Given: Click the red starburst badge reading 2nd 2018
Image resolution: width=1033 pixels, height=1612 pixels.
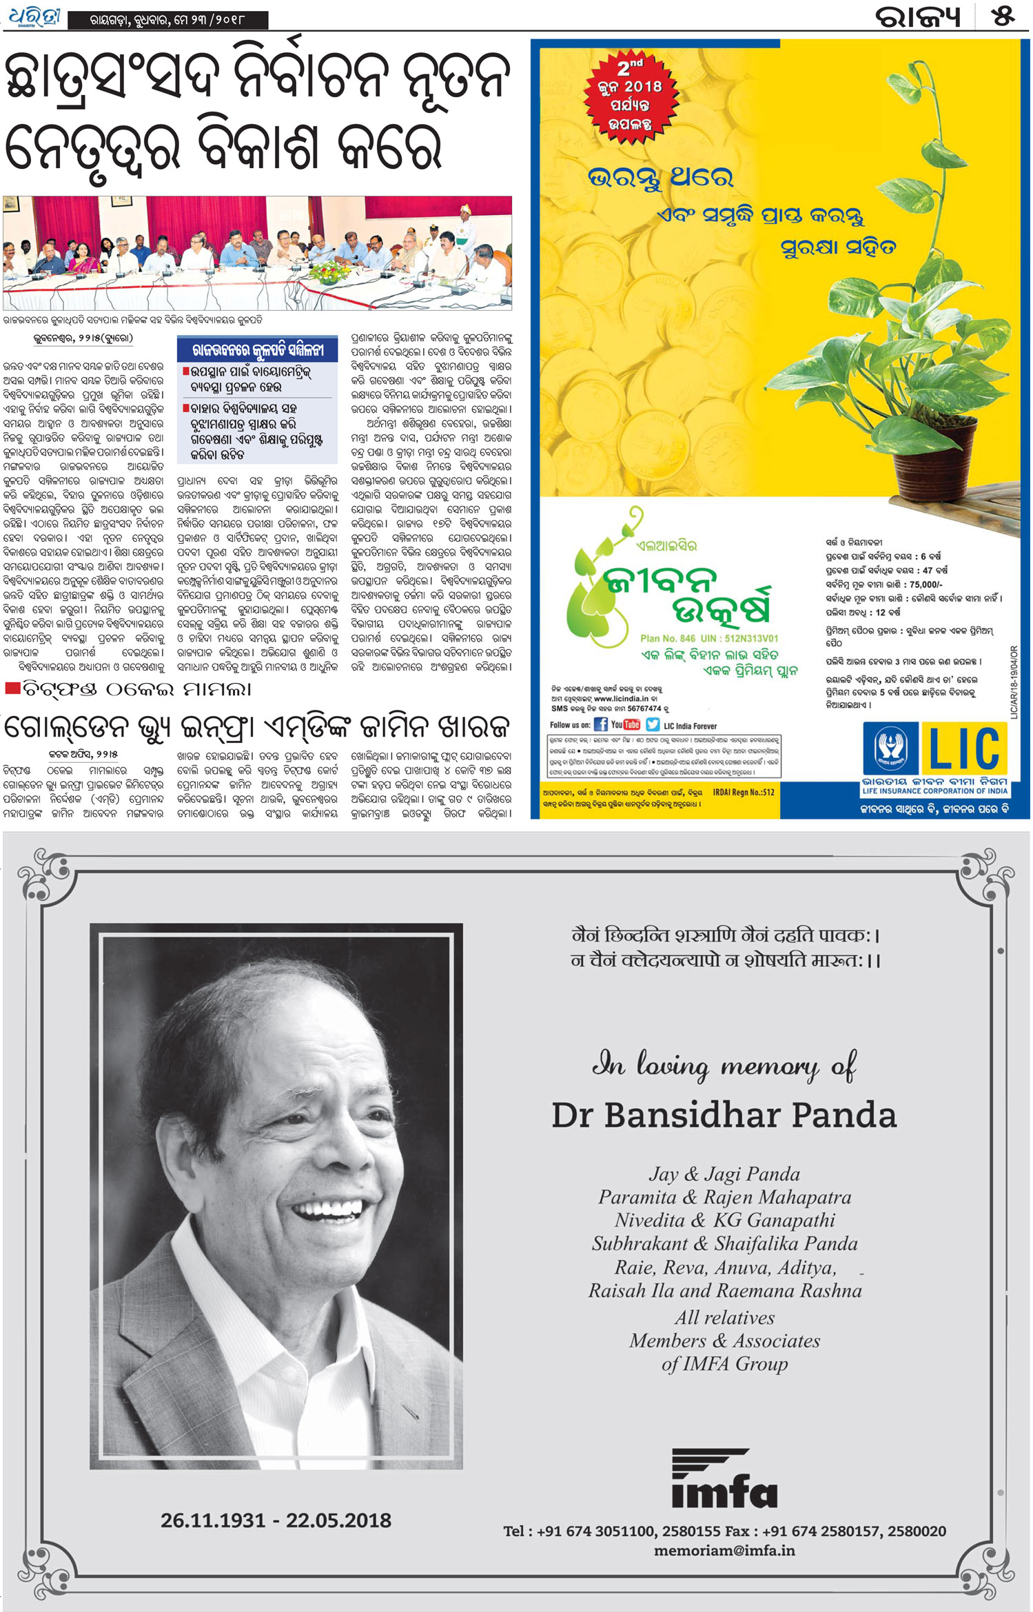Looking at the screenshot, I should pyautogui.click(x=630, y=96).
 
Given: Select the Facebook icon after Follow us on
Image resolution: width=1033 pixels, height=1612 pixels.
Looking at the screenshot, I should pyautogui.click(x=600, y=724).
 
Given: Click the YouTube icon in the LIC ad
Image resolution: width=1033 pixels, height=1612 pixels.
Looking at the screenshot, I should pyautogui.click(x=626, y=724).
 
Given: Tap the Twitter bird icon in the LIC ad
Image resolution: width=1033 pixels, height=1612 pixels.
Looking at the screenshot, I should pyautogui.click(x=652, y=724).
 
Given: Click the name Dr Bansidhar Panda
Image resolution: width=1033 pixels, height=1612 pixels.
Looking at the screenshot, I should pyautogui.click(x=724, y=1115).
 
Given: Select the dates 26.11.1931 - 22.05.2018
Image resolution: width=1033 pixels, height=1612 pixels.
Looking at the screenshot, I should pyautogui.click(x=276, y=1520).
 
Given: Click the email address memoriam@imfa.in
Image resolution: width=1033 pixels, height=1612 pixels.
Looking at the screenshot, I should pyautogui.click(x=724, y=1550).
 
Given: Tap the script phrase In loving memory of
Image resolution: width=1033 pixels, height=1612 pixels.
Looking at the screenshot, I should pyautogui.click(x=724, y=1065).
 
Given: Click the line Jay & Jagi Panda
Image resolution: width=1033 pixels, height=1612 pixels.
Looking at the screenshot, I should pyautogui.click(x=724, y=1174).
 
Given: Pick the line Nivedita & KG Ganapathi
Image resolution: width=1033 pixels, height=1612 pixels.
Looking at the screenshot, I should pyautogui.click(x=724, y=1220).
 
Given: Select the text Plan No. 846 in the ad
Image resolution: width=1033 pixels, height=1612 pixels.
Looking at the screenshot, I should pyautogui.click(x=667, y=638).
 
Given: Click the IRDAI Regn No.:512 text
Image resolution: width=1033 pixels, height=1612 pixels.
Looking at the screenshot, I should pyautogui.click(x=743, y=793).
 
